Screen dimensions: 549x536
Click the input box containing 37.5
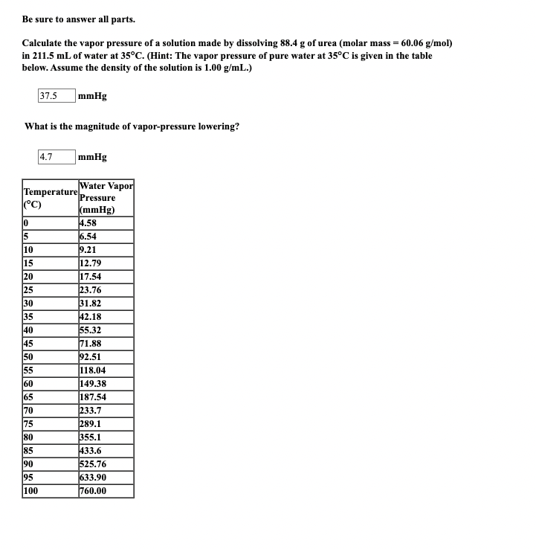56,96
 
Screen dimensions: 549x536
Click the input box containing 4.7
56,157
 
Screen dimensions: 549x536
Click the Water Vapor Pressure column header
106,198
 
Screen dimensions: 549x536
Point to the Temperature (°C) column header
50,198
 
